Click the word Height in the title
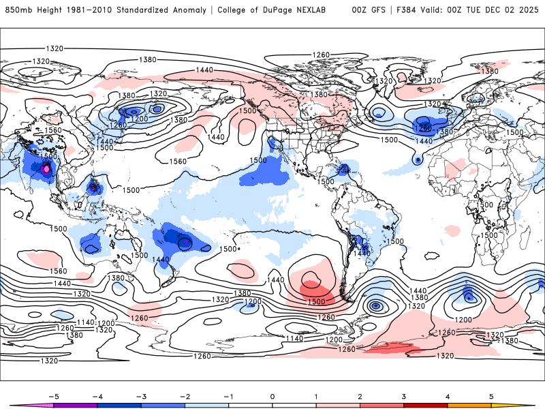point(48,10)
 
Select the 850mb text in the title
point(17,10)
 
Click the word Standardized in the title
point(147,10)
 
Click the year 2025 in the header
point(527,10)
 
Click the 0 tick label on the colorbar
point(272,395)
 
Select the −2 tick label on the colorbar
point(184,395)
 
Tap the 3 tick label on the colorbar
point(404,395)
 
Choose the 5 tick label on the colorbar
point(491,395)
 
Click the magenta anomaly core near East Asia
point(46,168)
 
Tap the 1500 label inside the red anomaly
point(315,301)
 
